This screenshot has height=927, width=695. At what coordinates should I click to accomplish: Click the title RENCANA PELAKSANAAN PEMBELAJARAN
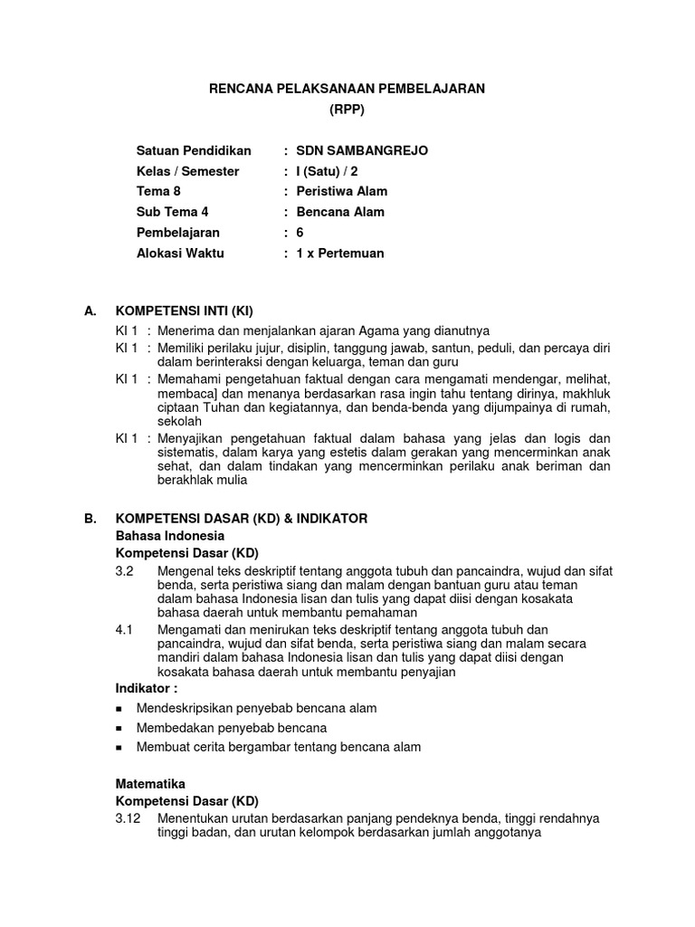click(x=347, y=88)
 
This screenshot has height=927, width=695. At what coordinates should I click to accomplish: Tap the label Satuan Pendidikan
click(x=193, y=150)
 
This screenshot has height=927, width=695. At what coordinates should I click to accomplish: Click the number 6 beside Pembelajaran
click(x=300, y=233)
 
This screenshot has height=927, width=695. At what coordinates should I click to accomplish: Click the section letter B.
click(x=89, y=519)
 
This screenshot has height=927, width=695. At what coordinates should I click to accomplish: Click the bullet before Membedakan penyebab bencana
click(x=120, y=729)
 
